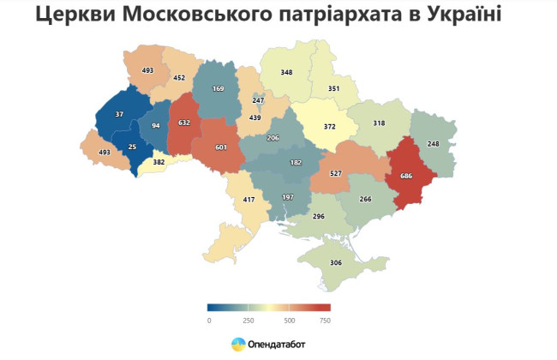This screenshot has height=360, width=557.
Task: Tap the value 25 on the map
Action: click(132, 146)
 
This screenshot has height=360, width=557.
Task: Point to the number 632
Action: click(183, 123)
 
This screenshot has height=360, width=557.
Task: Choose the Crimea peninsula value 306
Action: click(336, 263)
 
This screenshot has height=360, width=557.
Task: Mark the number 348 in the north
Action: click(286, 72)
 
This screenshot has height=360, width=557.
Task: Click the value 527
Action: click(336, 174)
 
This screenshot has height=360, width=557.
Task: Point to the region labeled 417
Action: click(249, 201)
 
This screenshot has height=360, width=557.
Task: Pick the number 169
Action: click(218, 87)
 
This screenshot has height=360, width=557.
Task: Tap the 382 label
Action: click(159, 162)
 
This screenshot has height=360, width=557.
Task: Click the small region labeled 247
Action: click(258, 100)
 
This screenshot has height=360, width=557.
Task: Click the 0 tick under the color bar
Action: click(209, 320)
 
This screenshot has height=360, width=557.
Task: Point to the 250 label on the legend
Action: click(249, 320)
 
